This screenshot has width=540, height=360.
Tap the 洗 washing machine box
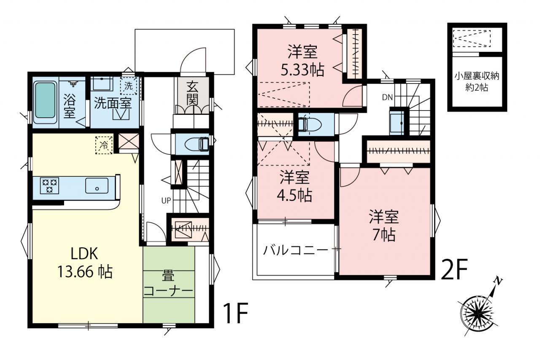click(x=129, y=86)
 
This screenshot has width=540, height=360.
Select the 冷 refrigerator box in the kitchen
click(x=104, y=145)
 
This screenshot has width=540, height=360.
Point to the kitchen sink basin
click(x=97, y=185)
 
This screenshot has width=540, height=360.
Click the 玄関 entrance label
click(x=192, y=94)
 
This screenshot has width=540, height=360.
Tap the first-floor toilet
click(x=197, y=144)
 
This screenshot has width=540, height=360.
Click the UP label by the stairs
click(x=166, y=200)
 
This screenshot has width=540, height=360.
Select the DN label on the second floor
click(x=387, y=97)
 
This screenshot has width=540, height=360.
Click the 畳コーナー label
click(x=168, y=284)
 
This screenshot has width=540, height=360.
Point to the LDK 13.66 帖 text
click(x=85, y=263)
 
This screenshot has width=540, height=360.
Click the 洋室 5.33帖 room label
click(x=302, y=61)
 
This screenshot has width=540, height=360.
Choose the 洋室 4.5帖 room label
click(x=294, y=186)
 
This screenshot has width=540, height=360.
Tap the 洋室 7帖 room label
click(x=384, y=226)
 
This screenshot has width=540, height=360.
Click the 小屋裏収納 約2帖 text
click(x=477, y=82)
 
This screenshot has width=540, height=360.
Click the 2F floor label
click(x=454, y=270)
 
